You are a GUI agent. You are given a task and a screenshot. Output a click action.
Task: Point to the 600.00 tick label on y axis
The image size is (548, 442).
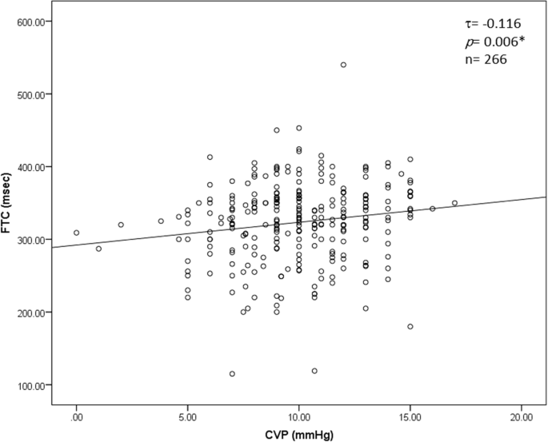[31, 22]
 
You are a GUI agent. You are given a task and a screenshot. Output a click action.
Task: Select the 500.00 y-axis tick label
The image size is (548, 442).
[31, 94]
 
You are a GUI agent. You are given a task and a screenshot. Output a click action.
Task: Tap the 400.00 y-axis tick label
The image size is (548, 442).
[31, 167]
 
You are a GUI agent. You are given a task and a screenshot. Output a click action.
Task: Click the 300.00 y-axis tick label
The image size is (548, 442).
[31, 240]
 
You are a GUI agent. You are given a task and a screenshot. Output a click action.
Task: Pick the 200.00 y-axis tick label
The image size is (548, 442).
[31, 313]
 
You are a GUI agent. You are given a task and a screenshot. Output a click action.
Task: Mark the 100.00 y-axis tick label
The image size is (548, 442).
[31, 385]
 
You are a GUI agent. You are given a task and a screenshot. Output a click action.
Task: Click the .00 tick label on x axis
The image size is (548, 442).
[77, 416]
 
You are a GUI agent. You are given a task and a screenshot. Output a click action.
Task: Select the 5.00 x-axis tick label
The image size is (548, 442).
[188, 416]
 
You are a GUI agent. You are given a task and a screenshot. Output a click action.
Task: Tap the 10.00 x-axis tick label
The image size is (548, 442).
[299, 416]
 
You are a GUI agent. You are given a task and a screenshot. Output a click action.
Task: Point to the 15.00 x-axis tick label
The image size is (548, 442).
[410, 416]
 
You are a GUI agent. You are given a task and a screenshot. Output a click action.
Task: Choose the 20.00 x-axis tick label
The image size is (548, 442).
[522, 416]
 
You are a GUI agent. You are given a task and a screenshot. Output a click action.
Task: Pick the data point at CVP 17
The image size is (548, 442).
[454, 203]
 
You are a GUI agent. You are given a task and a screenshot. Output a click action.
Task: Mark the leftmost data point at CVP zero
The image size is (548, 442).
[77, 233]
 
